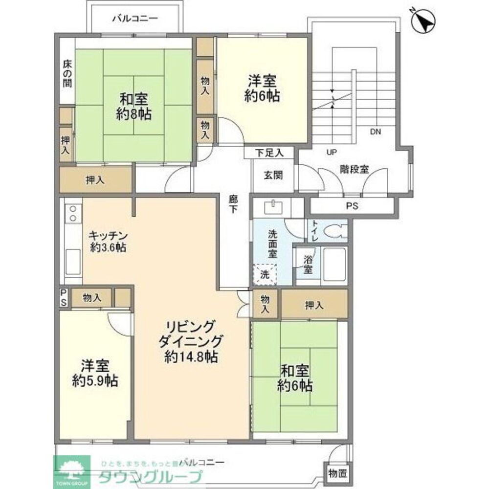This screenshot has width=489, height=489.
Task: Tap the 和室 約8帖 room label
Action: click(x=133, y=107)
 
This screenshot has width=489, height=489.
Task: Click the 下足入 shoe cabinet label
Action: click(x=269, y=153)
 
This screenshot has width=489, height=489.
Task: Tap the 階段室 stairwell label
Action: click(x=354, y=169)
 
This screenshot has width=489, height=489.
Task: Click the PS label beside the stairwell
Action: click(x=352, y=206)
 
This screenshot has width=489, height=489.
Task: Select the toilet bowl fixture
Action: click(x=336, y=230)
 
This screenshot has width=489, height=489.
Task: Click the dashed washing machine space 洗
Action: click(x=265, y=274)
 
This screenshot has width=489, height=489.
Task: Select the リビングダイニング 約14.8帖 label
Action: click(x=191, y=341)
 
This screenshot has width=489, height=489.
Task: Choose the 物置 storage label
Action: click(x=337, y=473)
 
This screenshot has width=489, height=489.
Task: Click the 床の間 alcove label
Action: click(x=67, y=73)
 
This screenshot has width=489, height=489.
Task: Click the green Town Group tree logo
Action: click(x=72, y=469)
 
